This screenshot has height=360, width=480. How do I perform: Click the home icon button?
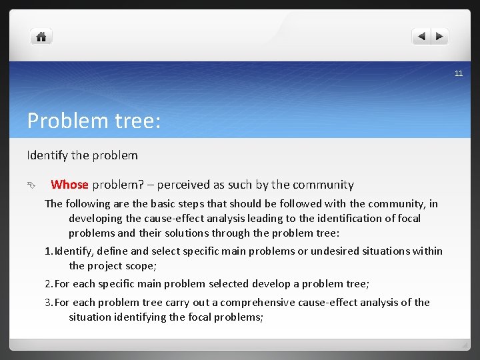(x=41, y=37)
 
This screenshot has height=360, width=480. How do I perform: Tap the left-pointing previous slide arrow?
(x=421, y=37)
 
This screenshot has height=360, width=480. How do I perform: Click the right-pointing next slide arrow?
(x=441, y=37)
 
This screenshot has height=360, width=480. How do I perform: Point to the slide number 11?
(x=458, y=73)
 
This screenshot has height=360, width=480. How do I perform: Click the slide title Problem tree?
(x=93, y=121)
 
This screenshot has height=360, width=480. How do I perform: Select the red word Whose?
(x=69, y=185)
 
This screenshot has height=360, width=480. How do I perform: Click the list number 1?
(x=47, y=251)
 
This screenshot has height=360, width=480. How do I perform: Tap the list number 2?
(x=47, y=284)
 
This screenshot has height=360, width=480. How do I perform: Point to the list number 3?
(x=47, y=303)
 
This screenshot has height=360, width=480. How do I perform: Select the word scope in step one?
(x=139, y=265)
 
